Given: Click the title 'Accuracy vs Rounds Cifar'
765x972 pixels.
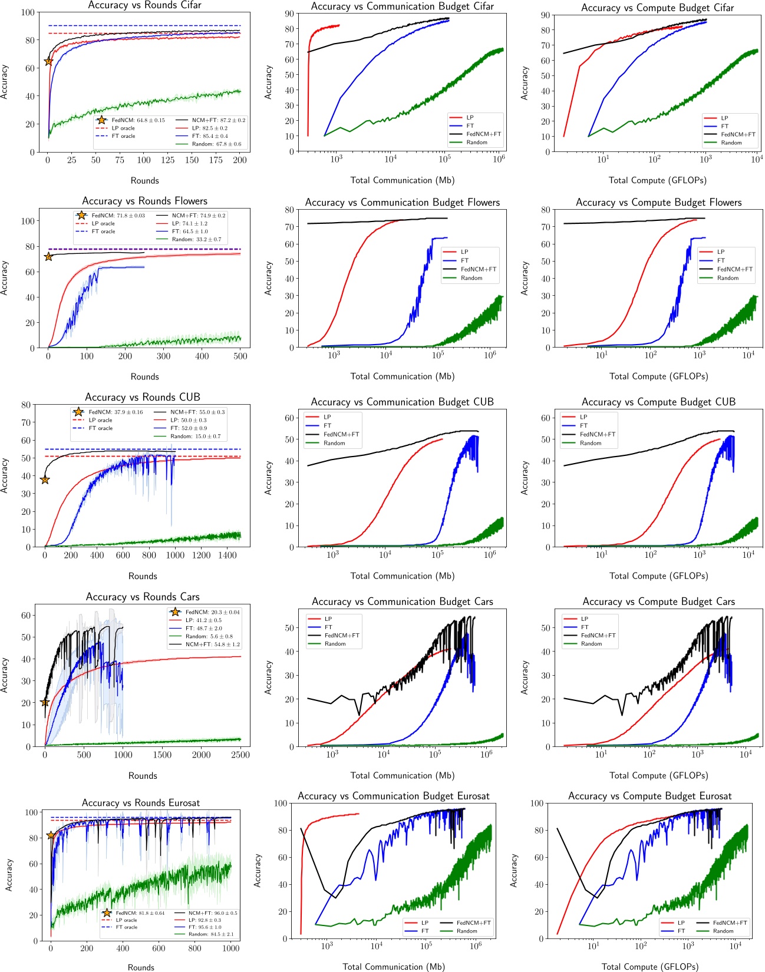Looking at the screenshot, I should click(x=144, y=5).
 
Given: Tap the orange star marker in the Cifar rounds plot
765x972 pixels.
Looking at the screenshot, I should click(x=48, y=61).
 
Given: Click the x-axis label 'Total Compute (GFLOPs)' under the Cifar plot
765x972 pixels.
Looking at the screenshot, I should click(x=658, y=180).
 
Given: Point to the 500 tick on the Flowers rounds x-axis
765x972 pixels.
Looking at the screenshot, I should click(x=240, y=356).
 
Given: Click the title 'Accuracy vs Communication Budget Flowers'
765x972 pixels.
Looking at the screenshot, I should click(x=402, y=203).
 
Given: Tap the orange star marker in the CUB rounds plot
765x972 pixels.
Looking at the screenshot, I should click(x=45, y=480).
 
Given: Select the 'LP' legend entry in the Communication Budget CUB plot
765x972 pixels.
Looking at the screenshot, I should click(x=327, y=417).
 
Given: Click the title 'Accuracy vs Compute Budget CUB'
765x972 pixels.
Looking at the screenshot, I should click(x=658, y=402).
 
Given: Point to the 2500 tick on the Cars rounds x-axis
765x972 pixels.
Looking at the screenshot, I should click(x=240, y=755).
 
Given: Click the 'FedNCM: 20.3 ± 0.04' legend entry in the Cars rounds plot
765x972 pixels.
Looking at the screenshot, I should click(x=212, y=612).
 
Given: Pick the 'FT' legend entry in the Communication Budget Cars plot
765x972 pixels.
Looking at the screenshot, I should click(x=328, y=627).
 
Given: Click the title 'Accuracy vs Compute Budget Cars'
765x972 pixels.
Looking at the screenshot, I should click(x=658, y=601).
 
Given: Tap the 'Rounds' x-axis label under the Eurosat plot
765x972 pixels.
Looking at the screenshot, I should click(x=141, y=967).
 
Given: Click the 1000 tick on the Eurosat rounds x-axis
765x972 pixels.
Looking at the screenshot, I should click(x=231, y=948).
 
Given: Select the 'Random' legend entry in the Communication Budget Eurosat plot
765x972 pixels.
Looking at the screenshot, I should click(x=467, y=931).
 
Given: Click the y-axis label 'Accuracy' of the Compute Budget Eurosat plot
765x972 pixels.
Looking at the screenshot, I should click(x=513, y=871).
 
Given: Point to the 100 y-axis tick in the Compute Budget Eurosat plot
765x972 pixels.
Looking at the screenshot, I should click(x=536, y=804).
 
